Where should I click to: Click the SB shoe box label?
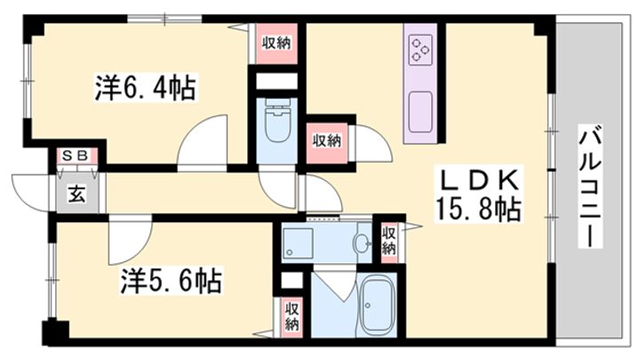(x=75, y=156)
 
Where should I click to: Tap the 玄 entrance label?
(x=76, y=194)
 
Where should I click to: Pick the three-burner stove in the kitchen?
(x=420, y=51)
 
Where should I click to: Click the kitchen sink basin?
(x=420, y=111)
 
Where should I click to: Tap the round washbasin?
(x=362, y=243)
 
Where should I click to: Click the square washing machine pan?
(x=298, y=242)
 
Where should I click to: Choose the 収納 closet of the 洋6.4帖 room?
(x=276, y=43)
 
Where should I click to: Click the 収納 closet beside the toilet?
(x=326, y=141)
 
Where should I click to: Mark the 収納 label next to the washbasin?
(x=388, y=240)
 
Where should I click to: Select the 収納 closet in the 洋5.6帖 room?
(x=291, y=316)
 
